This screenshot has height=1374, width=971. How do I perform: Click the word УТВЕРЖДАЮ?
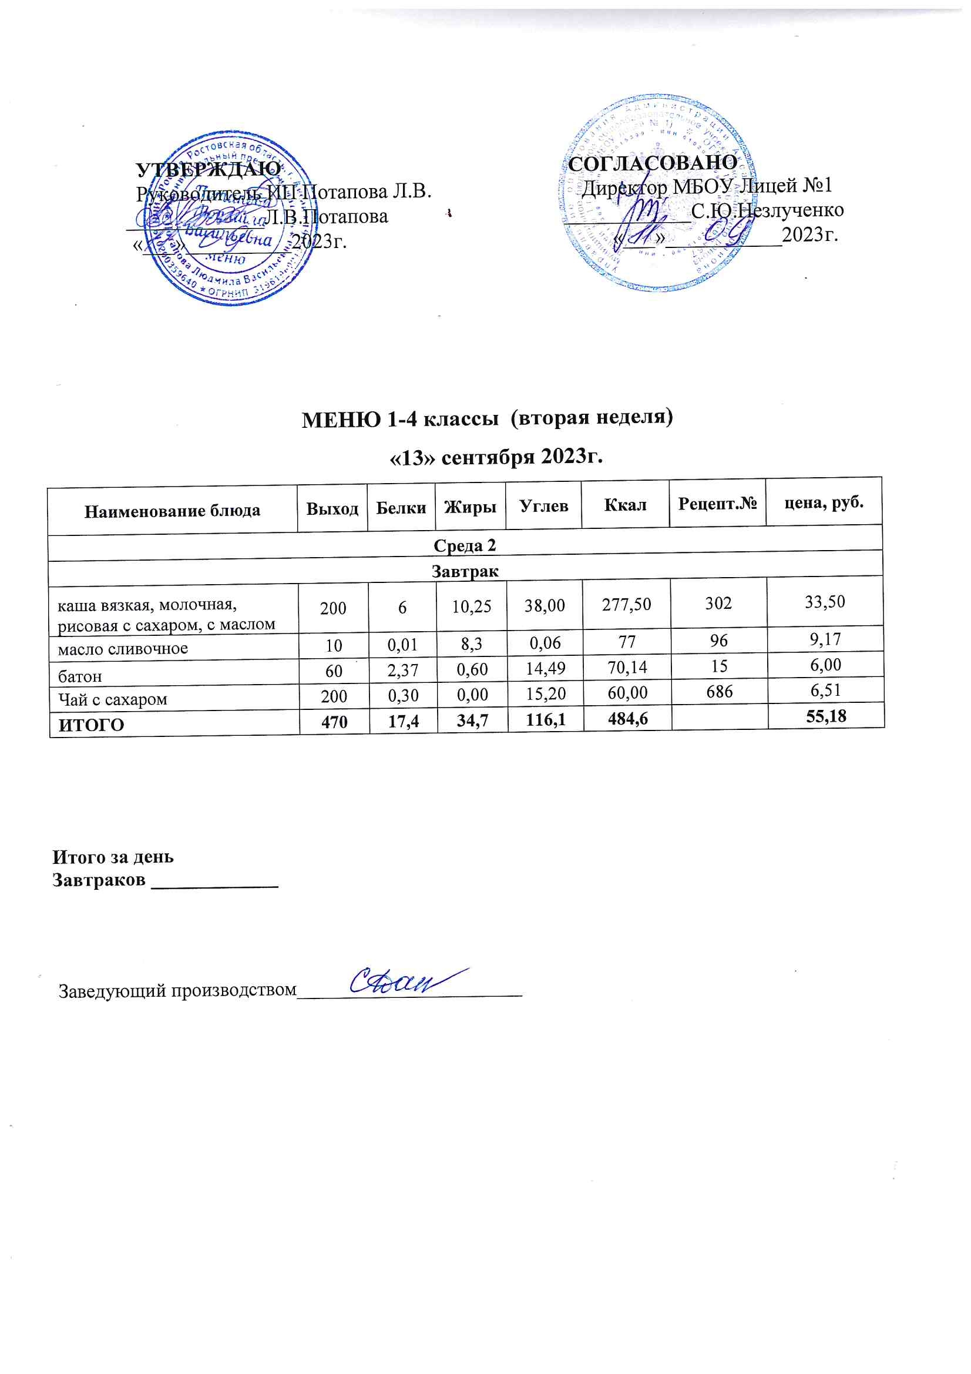[x=208, y=169]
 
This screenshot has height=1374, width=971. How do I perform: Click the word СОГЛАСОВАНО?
[x=652, y=162]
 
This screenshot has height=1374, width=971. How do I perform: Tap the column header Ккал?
[x=624, y=505]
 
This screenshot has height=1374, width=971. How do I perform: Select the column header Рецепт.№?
[x=717, y=502]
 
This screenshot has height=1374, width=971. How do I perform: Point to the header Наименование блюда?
[x=172, y=511]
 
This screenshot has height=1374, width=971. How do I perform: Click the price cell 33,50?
[x=824, y=601]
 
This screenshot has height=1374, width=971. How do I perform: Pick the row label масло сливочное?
[x=123, y=649]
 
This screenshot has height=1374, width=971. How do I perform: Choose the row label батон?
[x=79, y=676]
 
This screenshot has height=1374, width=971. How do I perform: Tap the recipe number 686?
[x=718, y=691]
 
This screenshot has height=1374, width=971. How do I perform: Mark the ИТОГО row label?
[x=91, y=725]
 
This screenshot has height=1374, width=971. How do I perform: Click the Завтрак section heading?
[x=465, y=571]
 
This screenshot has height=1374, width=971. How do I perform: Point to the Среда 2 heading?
[x=465, y=545]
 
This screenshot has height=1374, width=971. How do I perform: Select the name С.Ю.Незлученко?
[x=767, y=210]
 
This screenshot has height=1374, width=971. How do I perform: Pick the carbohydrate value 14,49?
[x=545, y=667]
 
